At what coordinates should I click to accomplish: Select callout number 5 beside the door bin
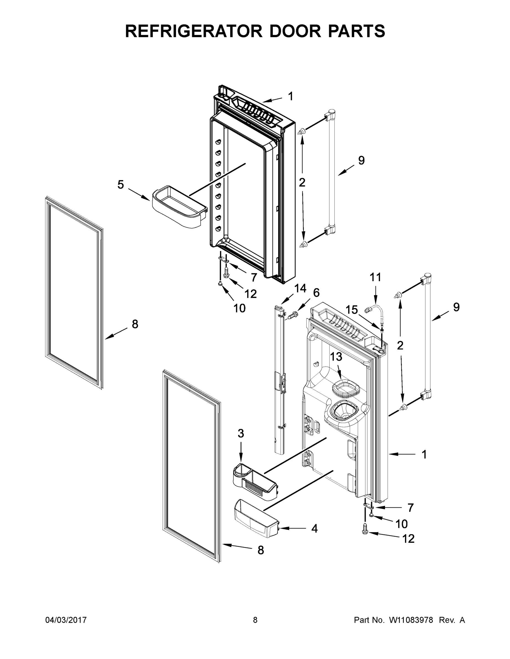click(120, 184)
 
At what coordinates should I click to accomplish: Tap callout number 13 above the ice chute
click(336, 357)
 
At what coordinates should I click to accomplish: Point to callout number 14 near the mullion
click(300, 289)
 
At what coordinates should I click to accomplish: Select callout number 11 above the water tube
click(376, 277)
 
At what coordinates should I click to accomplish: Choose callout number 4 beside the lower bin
click(314, 528)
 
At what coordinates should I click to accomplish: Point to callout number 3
click(241, 433)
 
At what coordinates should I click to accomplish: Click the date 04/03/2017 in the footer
click(66, 620)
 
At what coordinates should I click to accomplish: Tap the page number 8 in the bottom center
click(255, 620)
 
